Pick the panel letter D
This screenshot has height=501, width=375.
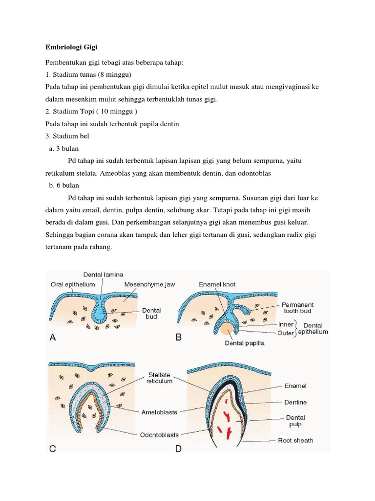pos(179,446)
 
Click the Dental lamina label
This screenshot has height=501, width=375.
pos(103,275)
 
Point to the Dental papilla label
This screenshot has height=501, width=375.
pos(244,343)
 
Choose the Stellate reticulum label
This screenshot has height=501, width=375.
pos(160,378)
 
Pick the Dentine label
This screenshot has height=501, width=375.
pos(295,402)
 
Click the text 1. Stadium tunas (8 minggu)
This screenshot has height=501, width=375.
pos(88,74)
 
